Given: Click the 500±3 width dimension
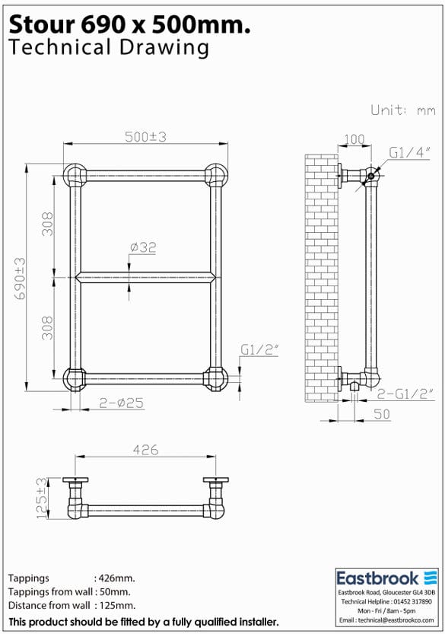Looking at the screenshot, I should (146, 136).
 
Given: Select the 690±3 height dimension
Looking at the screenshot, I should (19, 278).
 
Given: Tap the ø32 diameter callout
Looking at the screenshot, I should (143, 247).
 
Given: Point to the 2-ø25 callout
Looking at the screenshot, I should (122, 403).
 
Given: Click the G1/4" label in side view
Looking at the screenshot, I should (410, 152).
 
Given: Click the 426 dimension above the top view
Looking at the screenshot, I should (145, 450).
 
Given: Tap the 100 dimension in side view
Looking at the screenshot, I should (354, 140).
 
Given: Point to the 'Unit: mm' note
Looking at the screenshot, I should (402, 110).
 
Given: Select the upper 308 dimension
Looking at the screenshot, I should (47, 224).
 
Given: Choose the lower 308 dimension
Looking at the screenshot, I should (47, 328).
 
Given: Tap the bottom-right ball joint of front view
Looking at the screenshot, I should (216, 378).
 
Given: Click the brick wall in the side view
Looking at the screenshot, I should (321, 278).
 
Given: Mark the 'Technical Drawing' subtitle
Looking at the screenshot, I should (108, 48).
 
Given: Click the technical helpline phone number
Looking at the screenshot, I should (411, 601).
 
